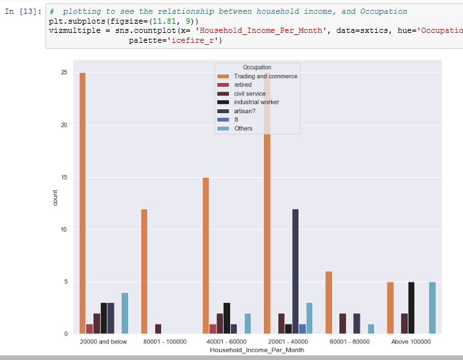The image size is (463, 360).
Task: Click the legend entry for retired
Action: (x=243, y=85)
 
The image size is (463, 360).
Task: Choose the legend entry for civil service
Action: (x=249, y=93)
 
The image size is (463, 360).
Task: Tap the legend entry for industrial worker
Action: (x=256, y=102)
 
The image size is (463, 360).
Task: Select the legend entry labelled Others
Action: (x=243, y=128)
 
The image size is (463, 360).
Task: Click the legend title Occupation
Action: (x=256, y=67)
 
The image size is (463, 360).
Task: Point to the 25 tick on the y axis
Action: (x=64, y=72)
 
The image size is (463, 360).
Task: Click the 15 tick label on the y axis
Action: (x=64, y=177)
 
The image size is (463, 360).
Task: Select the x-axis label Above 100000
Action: (x=411, y=342)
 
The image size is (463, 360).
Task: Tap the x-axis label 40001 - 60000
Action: (x=226, y=342)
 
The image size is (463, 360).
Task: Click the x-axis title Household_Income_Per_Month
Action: (x=256, y=351)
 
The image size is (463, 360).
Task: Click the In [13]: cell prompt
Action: (x=23, y=12)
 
